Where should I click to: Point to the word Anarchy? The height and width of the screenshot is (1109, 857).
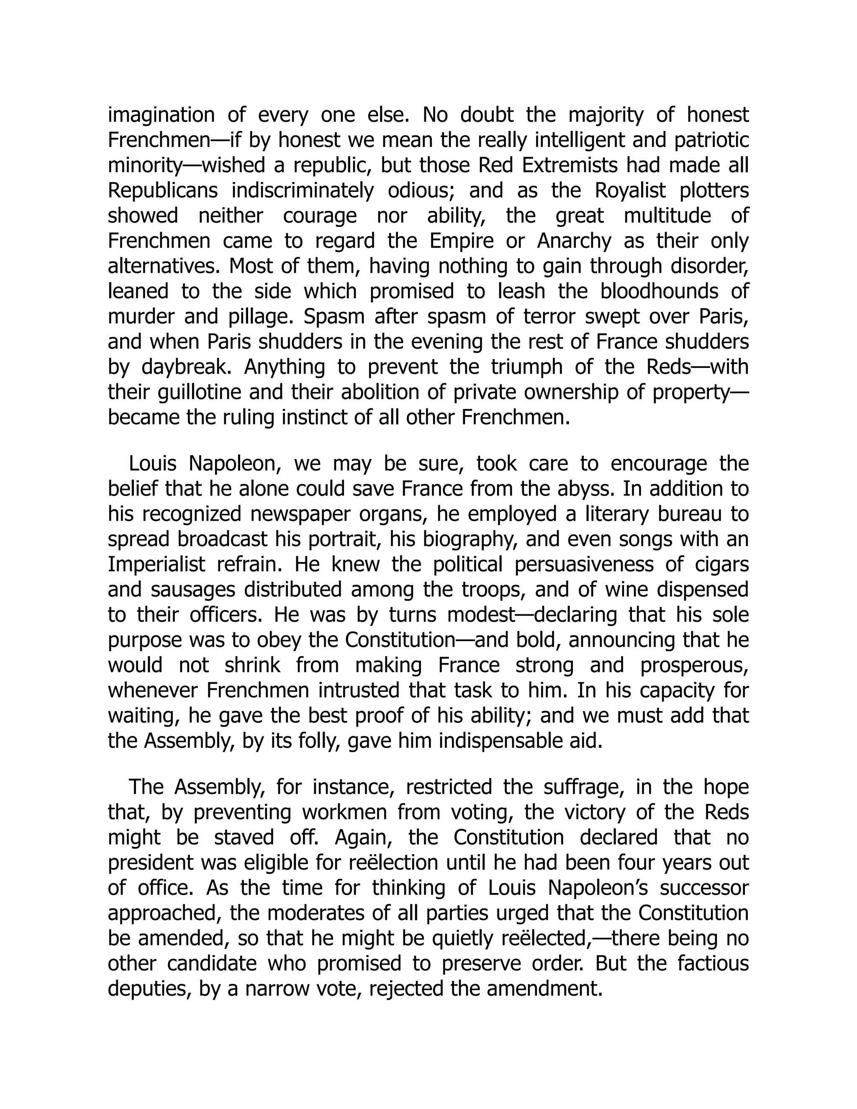[x=574, y=241]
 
